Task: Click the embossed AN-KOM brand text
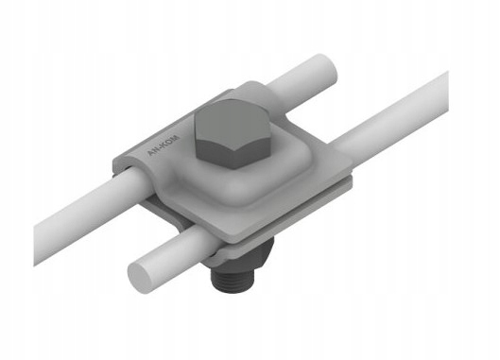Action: [164, 146]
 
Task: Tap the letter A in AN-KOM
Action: [150, 153]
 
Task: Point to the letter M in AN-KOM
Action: [177, 139]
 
